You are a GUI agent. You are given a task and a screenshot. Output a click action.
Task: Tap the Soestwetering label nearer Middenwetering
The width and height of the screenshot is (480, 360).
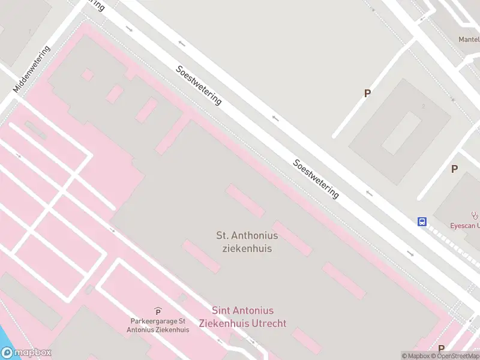(x=199, y=85)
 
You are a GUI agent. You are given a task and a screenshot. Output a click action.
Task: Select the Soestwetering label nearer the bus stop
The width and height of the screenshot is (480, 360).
(x=316, y=179)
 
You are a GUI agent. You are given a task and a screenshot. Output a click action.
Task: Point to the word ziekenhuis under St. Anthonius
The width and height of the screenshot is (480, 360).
(x=247, y=248)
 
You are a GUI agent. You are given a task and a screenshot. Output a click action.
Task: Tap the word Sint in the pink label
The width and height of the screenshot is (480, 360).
(x=222, y=311)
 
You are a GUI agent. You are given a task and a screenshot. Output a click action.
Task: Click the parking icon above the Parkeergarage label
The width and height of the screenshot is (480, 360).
(x=158, y=311)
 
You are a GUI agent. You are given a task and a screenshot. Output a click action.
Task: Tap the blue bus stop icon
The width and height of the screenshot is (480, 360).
(x=422, y=222)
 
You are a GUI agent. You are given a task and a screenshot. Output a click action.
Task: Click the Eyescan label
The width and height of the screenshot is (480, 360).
(x=466, y=226)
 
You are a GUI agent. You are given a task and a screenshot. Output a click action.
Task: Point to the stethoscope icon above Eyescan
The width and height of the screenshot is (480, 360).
(x=475, y=215)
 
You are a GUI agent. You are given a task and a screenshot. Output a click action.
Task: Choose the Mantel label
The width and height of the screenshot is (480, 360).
(x=469, y=40)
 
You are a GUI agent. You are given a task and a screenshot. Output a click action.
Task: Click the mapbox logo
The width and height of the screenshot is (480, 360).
(x=26, y=353)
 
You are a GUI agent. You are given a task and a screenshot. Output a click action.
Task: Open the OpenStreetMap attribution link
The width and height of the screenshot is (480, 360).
(x=458, y=356)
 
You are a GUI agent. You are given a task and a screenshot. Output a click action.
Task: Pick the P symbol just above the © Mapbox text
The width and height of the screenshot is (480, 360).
(x=441, y=349)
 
